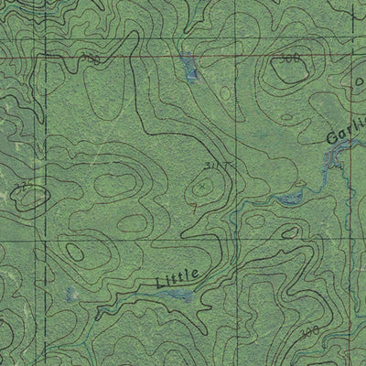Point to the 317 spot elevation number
click(x=215, y=166)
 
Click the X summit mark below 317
click(x=200, y=187)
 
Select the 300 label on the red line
click(x=88, y=59)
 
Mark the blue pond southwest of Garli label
click(x=289, y=195)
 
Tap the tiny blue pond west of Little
click(x=70, y=294)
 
